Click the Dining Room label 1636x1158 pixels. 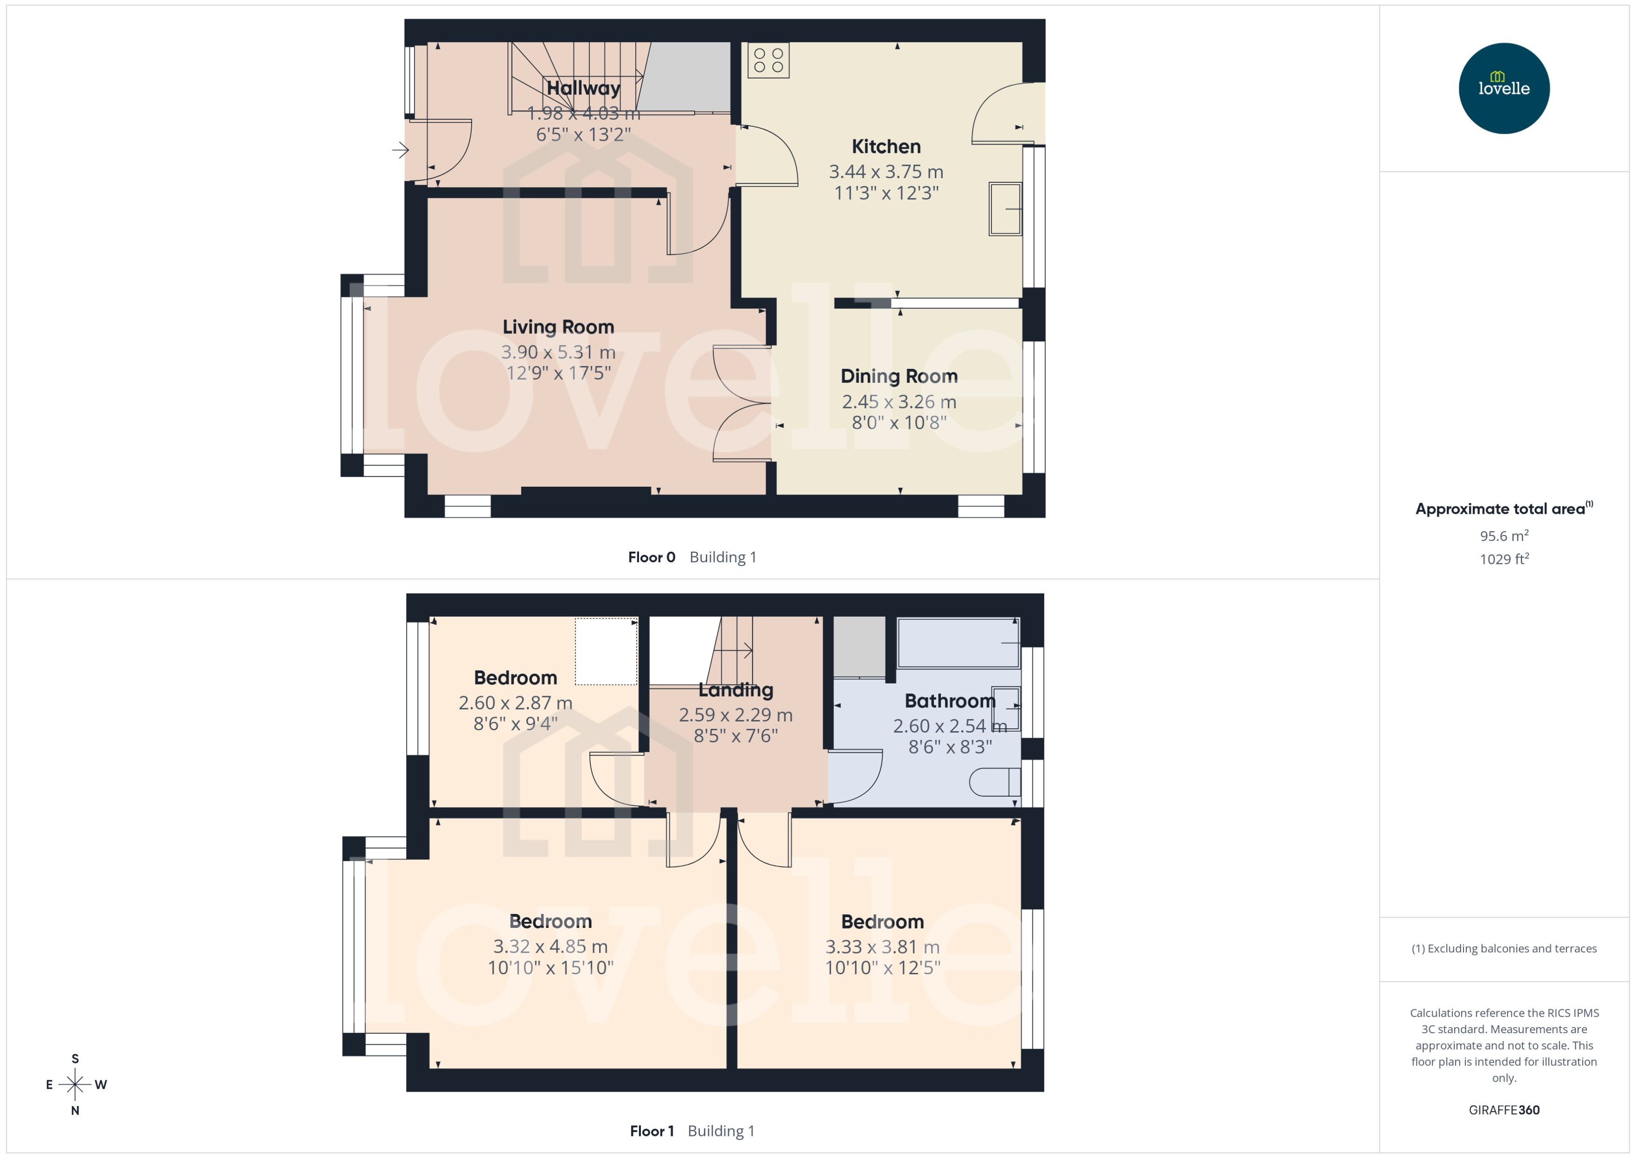(898, 376)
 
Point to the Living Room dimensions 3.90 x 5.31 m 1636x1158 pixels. (558, 352)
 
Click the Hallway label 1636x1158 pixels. (583, 88)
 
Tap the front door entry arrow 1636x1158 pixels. (400, 150)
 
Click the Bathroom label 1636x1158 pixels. (949, 701)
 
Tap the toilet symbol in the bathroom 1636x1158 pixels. (994, 782)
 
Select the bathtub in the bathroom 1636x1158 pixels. (957, 642)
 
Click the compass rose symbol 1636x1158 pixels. (75, 1085)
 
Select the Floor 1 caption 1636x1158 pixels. (651, 1131)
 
